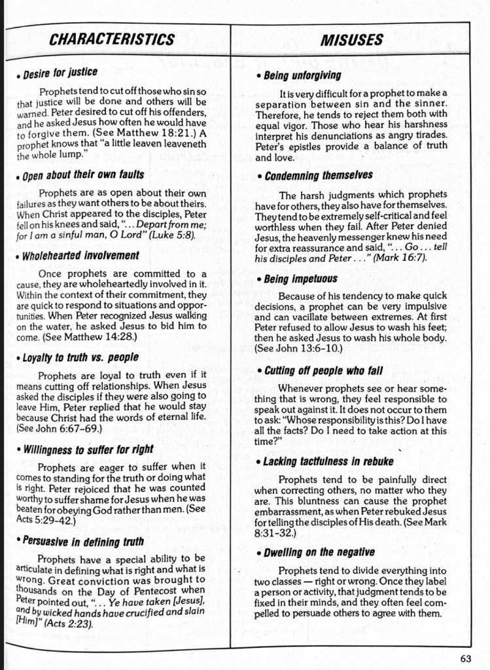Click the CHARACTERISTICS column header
[x=111, y=39]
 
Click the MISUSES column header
[x=351, y=40]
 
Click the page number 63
[x=465, y=658]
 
